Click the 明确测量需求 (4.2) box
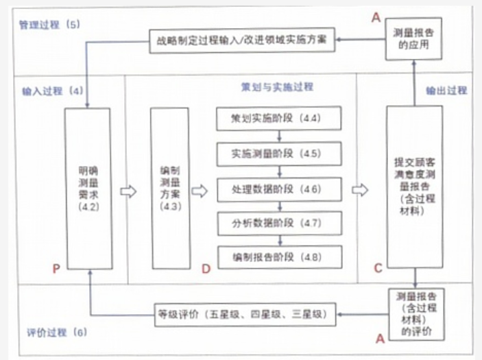(x=88, y=187)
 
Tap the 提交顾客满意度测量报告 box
(x=414, y=187)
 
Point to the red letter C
(x=378, y=268)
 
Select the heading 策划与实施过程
(x=276, y=87)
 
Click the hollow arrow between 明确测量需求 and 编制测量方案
(x=128, y=191)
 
